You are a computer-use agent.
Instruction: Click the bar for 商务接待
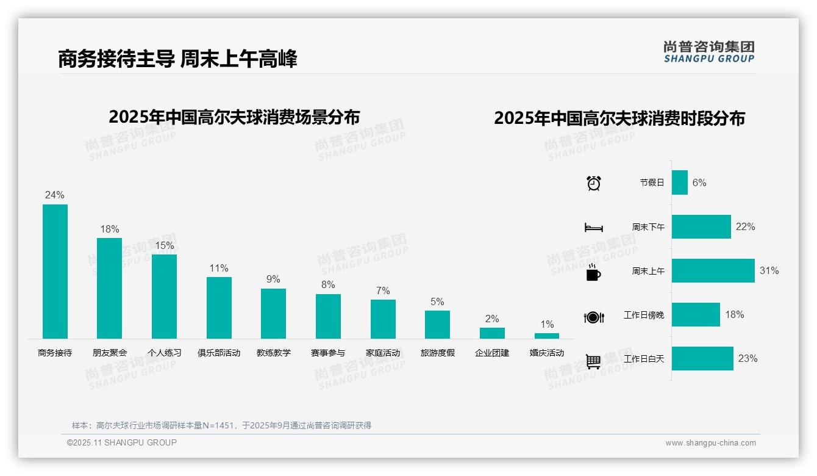coord(55,272)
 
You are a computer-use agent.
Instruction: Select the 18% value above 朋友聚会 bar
coord(110,229)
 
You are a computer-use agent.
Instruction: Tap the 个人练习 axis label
coord(164,353)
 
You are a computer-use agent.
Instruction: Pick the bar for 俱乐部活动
coord(219,308)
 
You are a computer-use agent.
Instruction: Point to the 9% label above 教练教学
coord(273,279)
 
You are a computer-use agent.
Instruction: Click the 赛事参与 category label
coord(328,353)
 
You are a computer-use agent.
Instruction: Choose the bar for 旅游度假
coord(437,325)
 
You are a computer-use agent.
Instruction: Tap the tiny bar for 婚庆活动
coord(546,336)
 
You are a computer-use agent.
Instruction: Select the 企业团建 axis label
coord(492,353)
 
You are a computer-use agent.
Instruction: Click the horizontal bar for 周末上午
coord(713,271)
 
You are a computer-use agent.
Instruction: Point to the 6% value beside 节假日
coord(699,183)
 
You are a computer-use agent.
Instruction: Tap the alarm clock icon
coord(594,183)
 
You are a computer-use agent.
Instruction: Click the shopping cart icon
coord(593,361)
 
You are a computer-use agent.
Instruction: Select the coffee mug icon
coord(593,273)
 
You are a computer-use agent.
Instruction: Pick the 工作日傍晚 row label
coord(644,316)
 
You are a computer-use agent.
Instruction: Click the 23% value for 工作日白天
coord(747,359)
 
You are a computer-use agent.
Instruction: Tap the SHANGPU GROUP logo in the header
coord(709,52)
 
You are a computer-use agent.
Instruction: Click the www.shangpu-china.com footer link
coord(710,443)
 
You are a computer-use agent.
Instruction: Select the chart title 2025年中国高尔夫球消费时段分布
coord(619,118)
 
